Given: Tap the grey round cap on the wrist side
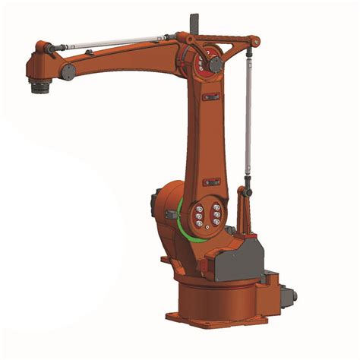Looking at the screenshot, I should coord(68,71).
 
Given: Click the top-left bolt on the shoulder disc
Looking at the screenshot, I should coord(199,206).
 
